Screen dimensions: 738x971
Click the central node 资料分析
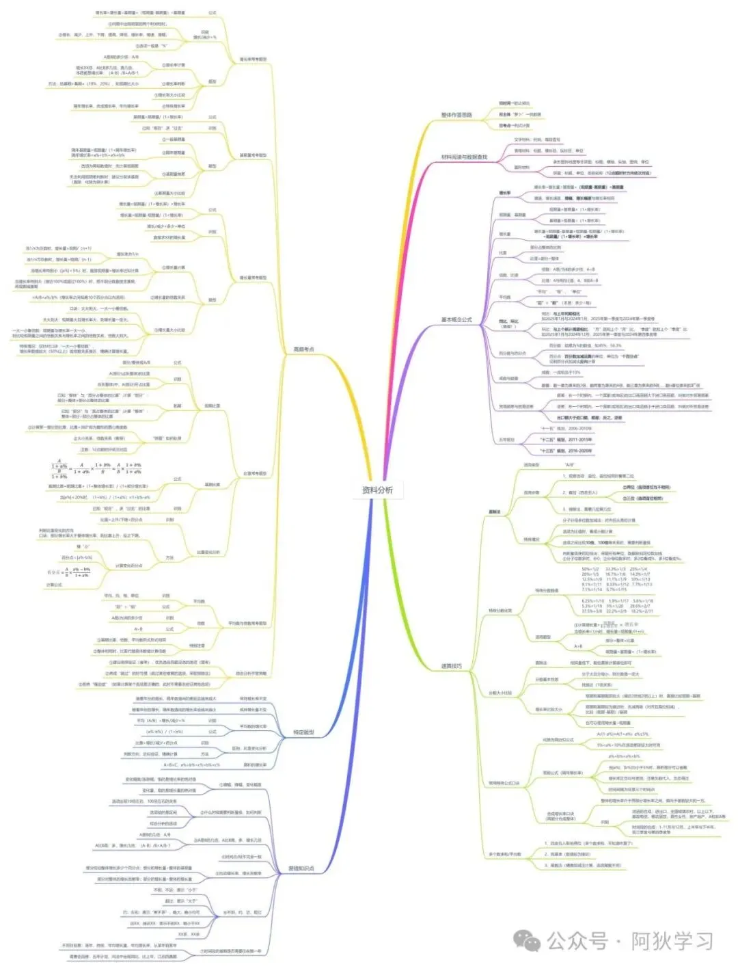(377, 490)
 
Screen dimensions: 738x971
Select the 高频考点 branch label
(303, 349)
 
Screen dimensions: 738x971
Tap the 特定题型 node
(303, 732)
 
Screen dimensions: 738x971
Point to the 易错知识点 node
(301, 868)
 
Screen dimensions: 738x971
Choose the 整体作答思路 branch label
(456, 115)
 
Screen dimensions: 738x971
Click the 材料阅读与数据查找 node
(464, 157)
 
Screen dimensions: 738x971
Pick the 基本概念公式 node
(456, 319)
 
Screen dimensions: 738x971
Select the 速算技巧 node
(451, 666)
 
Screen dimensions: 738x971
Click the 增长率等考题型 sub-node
(253, 59)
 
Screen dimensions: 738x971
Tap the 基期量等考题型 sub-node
(253, 155)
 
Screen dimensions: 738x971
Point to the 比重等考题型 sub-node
(255, 473)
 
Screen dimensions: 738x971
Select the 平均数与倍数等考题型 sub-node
(247, 624)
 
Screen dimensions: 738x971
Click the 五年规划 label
(506, 440)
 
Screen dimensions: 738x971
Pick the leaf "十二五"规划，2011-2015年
(566, 440)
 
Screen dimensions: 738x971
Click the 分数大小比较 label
(500, 693)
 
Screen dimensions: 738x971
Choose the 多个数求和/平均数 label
(504, 854)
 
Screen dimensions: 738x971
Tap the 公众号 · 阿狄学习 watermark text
(629, 941)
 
